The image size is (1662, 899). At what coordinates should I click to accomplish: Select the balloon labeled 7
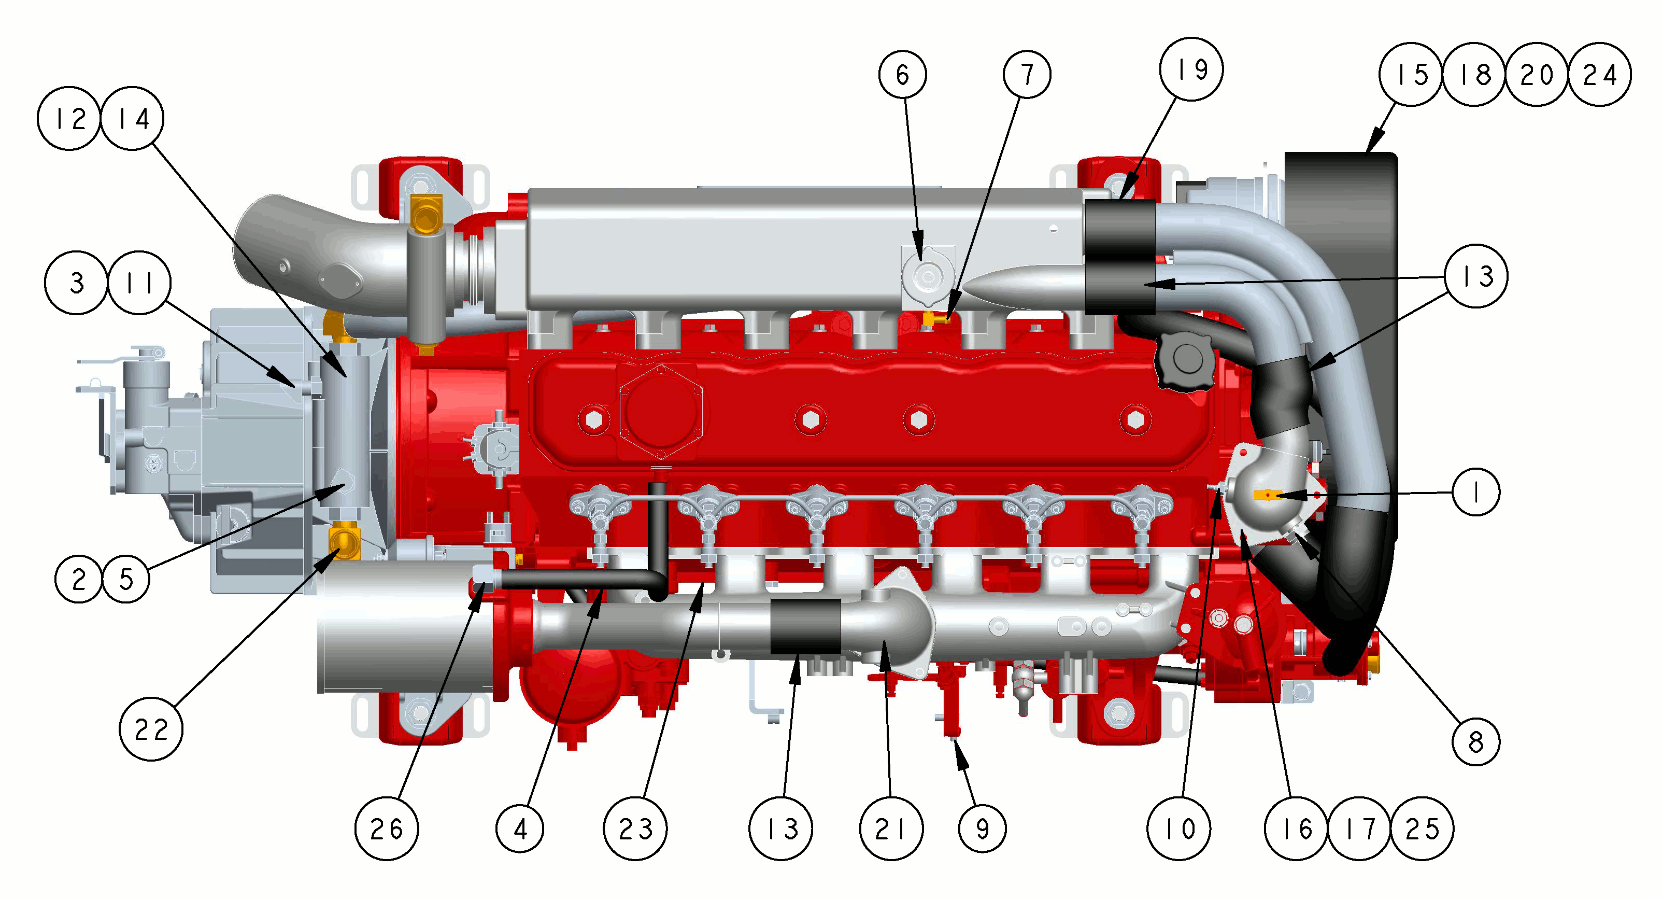tap(1027, 74)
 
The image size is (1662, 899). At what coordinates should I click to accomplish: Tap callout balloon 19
tap(1191, 69)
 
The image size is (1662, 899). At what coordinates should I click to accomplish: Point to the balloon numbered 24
tap(1599, 74)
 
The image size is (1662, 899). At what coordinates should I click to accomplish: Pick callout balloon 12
tap(69, 119)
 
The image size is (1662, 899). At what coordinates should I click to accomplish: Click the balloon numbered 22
tap(151, 729)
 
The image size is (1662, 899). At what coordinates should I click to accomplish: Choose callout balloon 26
tap(387, 828)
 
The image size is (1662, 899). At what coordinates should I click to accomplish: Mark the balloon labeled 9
tap(982, 828)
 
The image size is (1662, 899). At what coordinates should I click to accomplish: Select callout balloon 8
tap(1475, 742)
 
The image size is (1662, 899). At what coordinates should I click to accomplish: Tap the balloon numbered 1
tap(1475, 492)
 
